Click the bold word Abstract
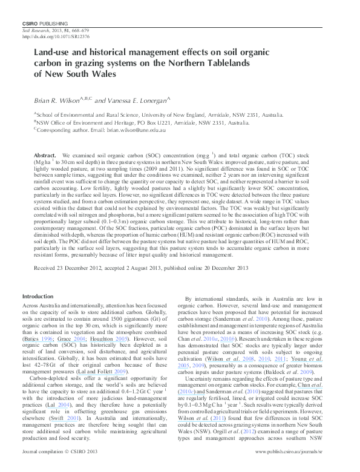(46, 155)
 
